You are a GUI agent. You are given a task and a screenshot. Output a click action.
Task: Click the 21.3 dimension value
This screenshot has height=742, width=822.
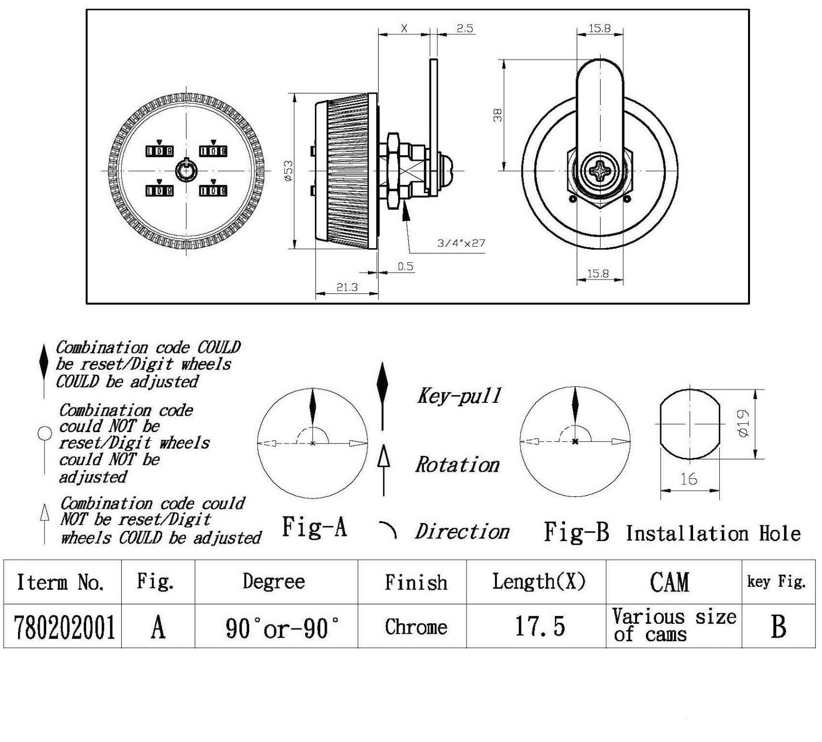tap(347, 287)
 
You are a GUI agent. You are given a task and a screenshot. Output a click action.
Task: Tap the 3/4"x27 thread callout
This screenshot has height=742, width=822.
tap(461, 243)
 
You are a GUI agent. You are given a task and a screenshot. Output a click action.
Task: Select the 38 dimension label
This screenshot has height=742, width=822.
tap(497, 115)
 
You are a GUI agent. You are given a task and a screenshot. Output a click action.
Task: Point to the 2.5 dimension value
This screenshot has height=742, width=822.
tap(464, 28)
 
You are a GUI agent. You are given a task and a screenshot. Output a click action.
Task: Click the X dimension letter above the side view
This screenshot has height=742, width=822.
tap(404, 28)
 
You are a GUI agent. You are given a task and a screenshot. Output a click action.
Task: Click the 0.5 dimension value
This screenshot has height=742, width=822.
tap(405, 266)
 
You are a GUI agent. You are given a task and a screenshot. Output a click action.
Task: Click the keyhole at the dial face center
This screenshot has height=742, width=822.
tap(185, 171)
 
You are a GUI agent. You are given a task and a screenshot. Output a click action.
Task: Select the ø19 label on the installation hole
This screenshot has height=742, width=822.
tap(743, 423)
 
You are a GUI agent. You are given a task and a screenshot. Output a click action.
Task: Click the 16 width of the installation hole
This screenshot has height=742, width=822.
tap(688, 479)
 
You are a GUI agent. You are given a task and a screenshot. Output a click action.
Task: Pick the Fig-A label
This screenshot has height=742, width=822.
tap(314, 527)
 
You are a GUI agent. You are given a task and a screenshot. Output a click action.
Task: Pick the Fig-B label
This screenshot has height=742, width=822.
tap(576, 532)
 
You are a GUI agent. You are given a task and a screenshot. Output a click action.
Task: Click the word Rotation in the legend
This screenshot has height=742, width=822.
tap(457, 465)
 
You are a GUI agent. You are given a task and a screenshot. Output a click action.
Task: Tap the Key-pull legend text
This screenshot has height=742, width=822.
tap(459, 396)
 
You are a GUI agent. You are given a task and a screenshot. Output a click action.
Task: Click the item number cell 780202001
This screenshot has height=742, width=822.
tap(64, 627)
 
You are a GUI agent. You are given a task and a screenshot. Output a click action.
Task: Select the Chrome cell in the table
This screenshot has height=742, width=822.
tap(416, 627)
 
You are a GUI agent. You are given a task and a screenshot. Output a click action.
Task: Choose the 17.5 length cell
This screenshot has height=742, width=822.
tap(539, 627)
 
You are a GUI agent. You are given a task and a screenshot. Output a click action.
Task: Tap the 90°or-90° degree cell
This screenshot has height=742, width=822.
tap(282, 627)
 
